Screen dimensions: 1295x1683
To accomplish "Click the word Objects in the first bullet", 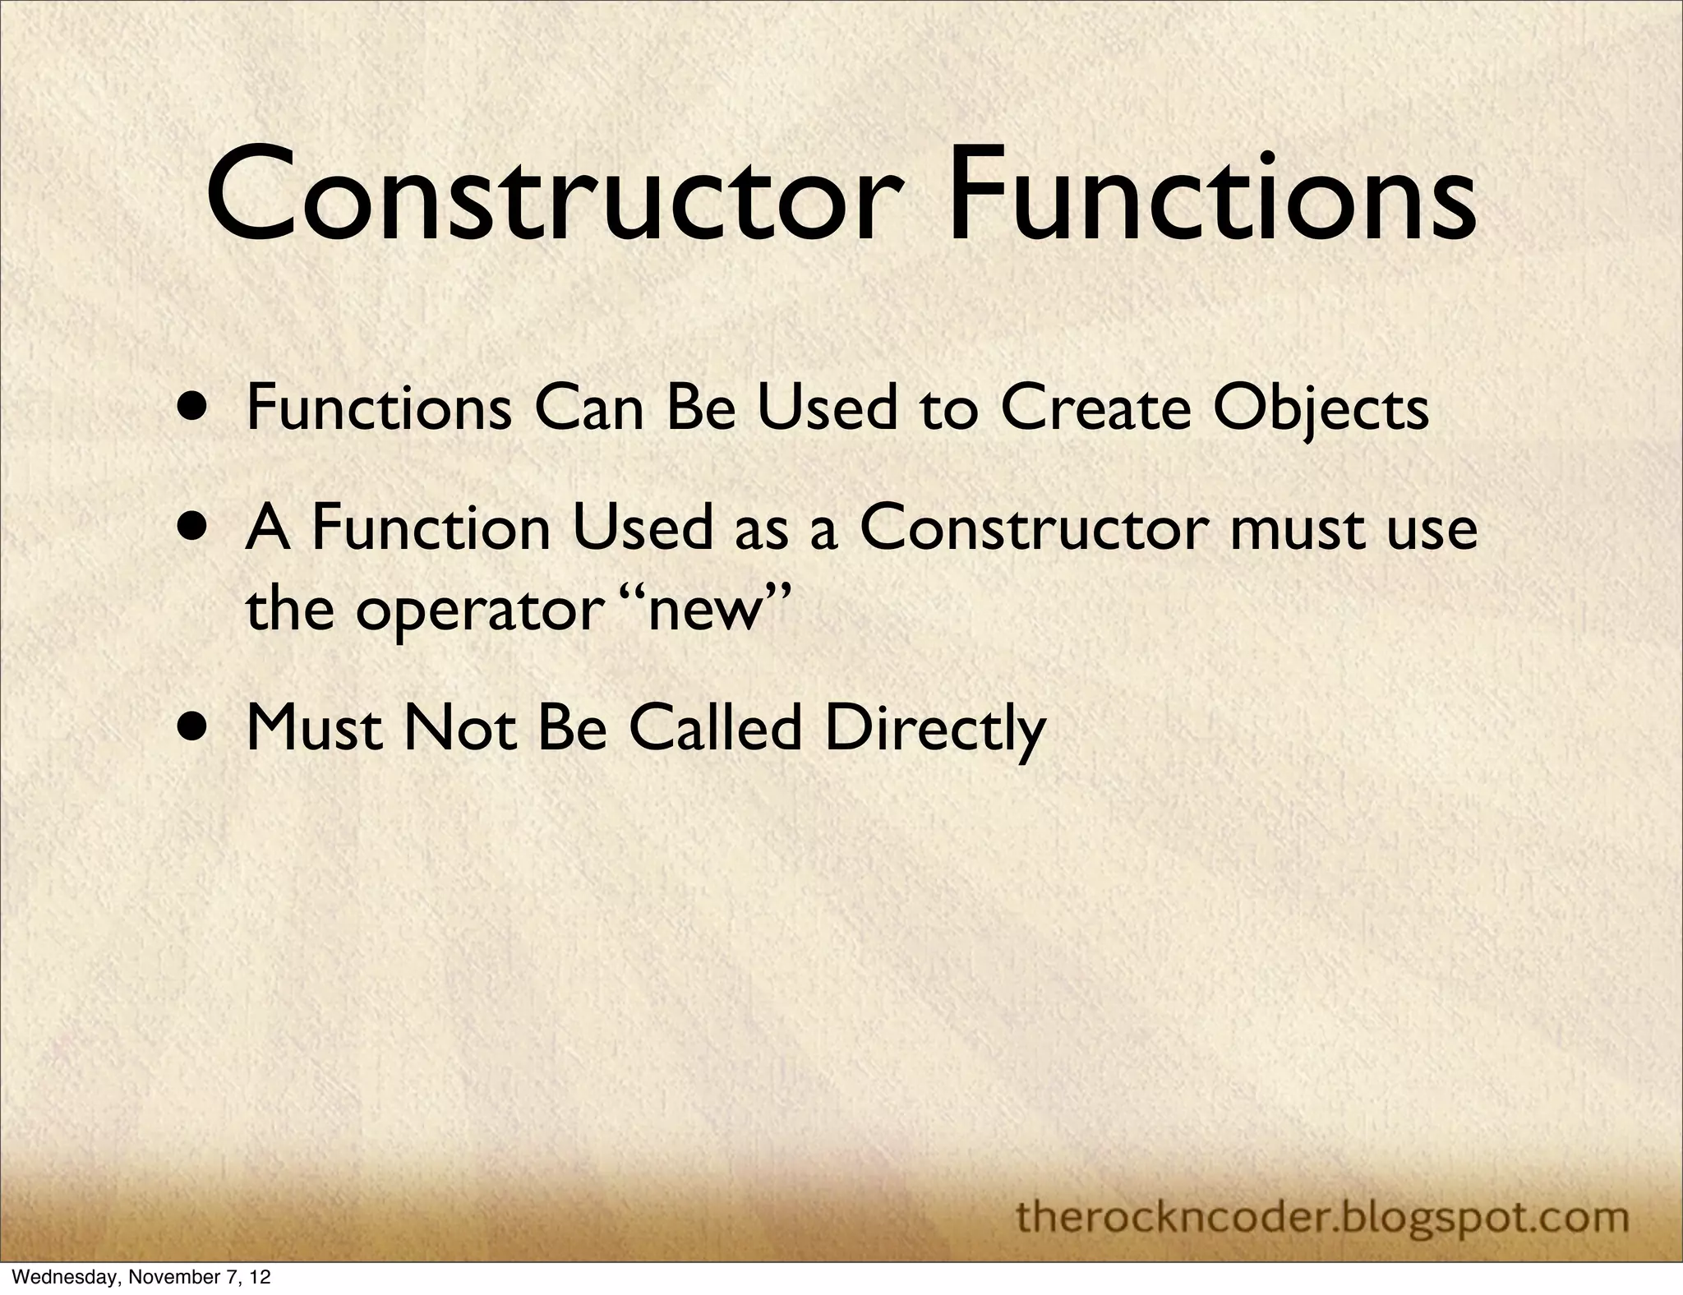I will coord(1320,408).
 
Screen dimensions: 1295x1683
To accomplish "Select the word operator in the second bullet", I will coord(475,612).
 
